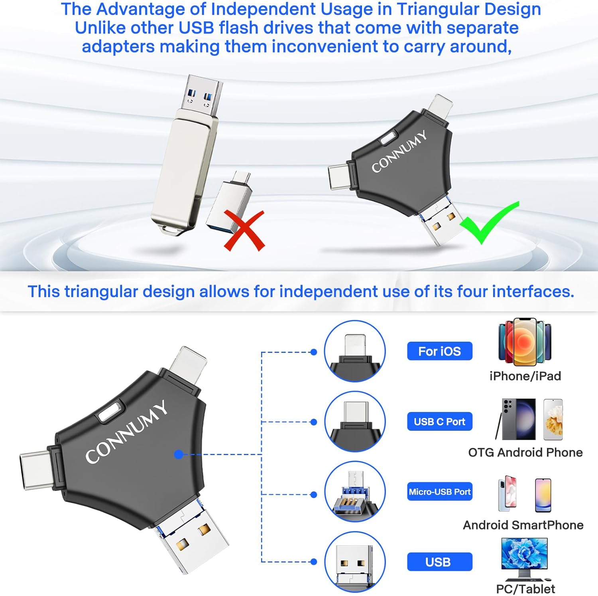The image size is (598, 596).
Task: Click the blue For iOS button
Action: pyautogui.click(x=439, y=351)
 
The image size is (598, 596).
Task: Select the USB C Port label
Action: pyautogui.click(x=439, y=422)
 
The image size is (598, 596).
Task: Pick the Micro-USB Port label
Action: pyautogui.click(x=439, y=492)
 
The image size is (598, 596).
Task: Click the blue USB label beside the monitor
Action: pyautogui.click(x=439, y=562)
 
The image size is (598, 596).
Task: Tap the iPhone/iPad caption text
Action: pyautogui.click(x=525, y=376)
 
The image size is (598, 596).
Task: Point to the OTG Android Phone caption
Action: pyautogui.click(x=525, y=452)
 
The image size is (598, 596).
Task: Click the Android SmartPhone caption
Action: pyautogui.click(x=523, y=525)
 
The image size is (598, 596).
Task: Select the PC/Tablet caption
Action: pyautogui.click(x=525, y=589)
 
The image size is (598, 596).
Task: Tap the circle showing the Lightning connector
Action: pyautogui.click(x=354, y=351)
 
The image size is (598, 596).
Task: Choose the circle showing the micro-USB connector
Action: pyautogui.click(x=354, y=492)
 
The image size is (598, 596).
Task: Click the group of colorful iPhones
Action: pyautogui.click(x=525, y=342)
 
